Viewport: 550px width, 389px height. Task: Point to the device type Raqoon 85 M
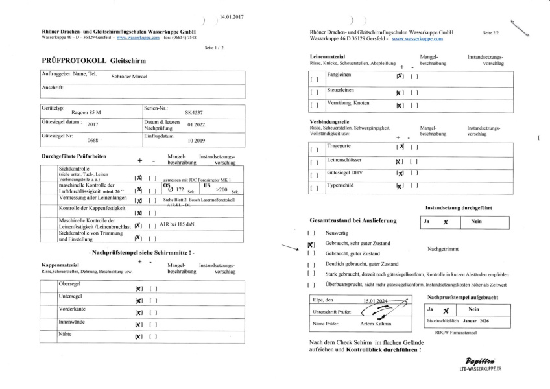tap(86, 112)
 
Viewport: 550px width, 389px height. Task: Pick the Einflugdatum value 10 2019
tap(196, 139)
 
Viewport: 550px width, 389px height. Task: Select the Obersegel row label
tap(69, 284)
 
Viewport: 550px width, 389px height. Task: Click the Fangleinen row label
tap(333, 75)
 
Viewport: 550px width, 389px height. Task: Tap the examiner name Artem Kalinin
tap(376, 324)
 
